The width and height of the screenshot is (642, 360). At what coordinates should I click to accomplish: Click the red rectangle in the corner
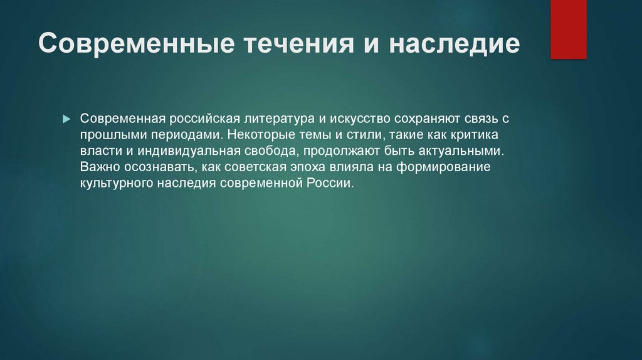pyautogui.click(x=568, y=29)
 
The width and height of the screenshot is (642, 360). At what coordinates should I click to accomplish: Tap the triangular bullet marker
pyautogui.click(x=66, y=119)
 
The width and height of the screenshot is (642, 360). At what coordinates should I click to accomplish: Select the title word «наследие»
pyautogui.click(x=454, y=43)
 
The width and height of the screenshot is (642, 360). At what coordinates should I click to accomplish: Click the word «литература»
pyautogui.click(x=279, y=119)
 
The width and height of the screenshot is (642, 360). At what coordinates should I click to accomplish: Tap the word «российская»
pyautogui.click(x=204, y=119)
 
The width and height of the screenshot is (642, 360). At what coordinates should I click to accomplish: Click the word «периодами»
pyautogui.click(x=186, y=135)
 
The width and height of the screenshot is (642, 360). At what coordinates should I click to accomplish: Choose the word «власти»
pyautogui.click(x=101, y=151)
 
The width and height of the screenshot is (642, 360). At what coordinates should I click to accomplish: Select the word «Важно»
pyautogui.click(x=100, y=167)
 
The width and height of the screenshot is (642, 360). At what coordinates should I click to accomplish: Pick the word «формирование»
pyautogui.click(x=443, y=167)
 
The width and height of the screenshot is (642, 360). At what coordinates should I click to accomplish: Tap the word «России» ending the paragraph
pyautogui.click(x=330, y=183)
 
